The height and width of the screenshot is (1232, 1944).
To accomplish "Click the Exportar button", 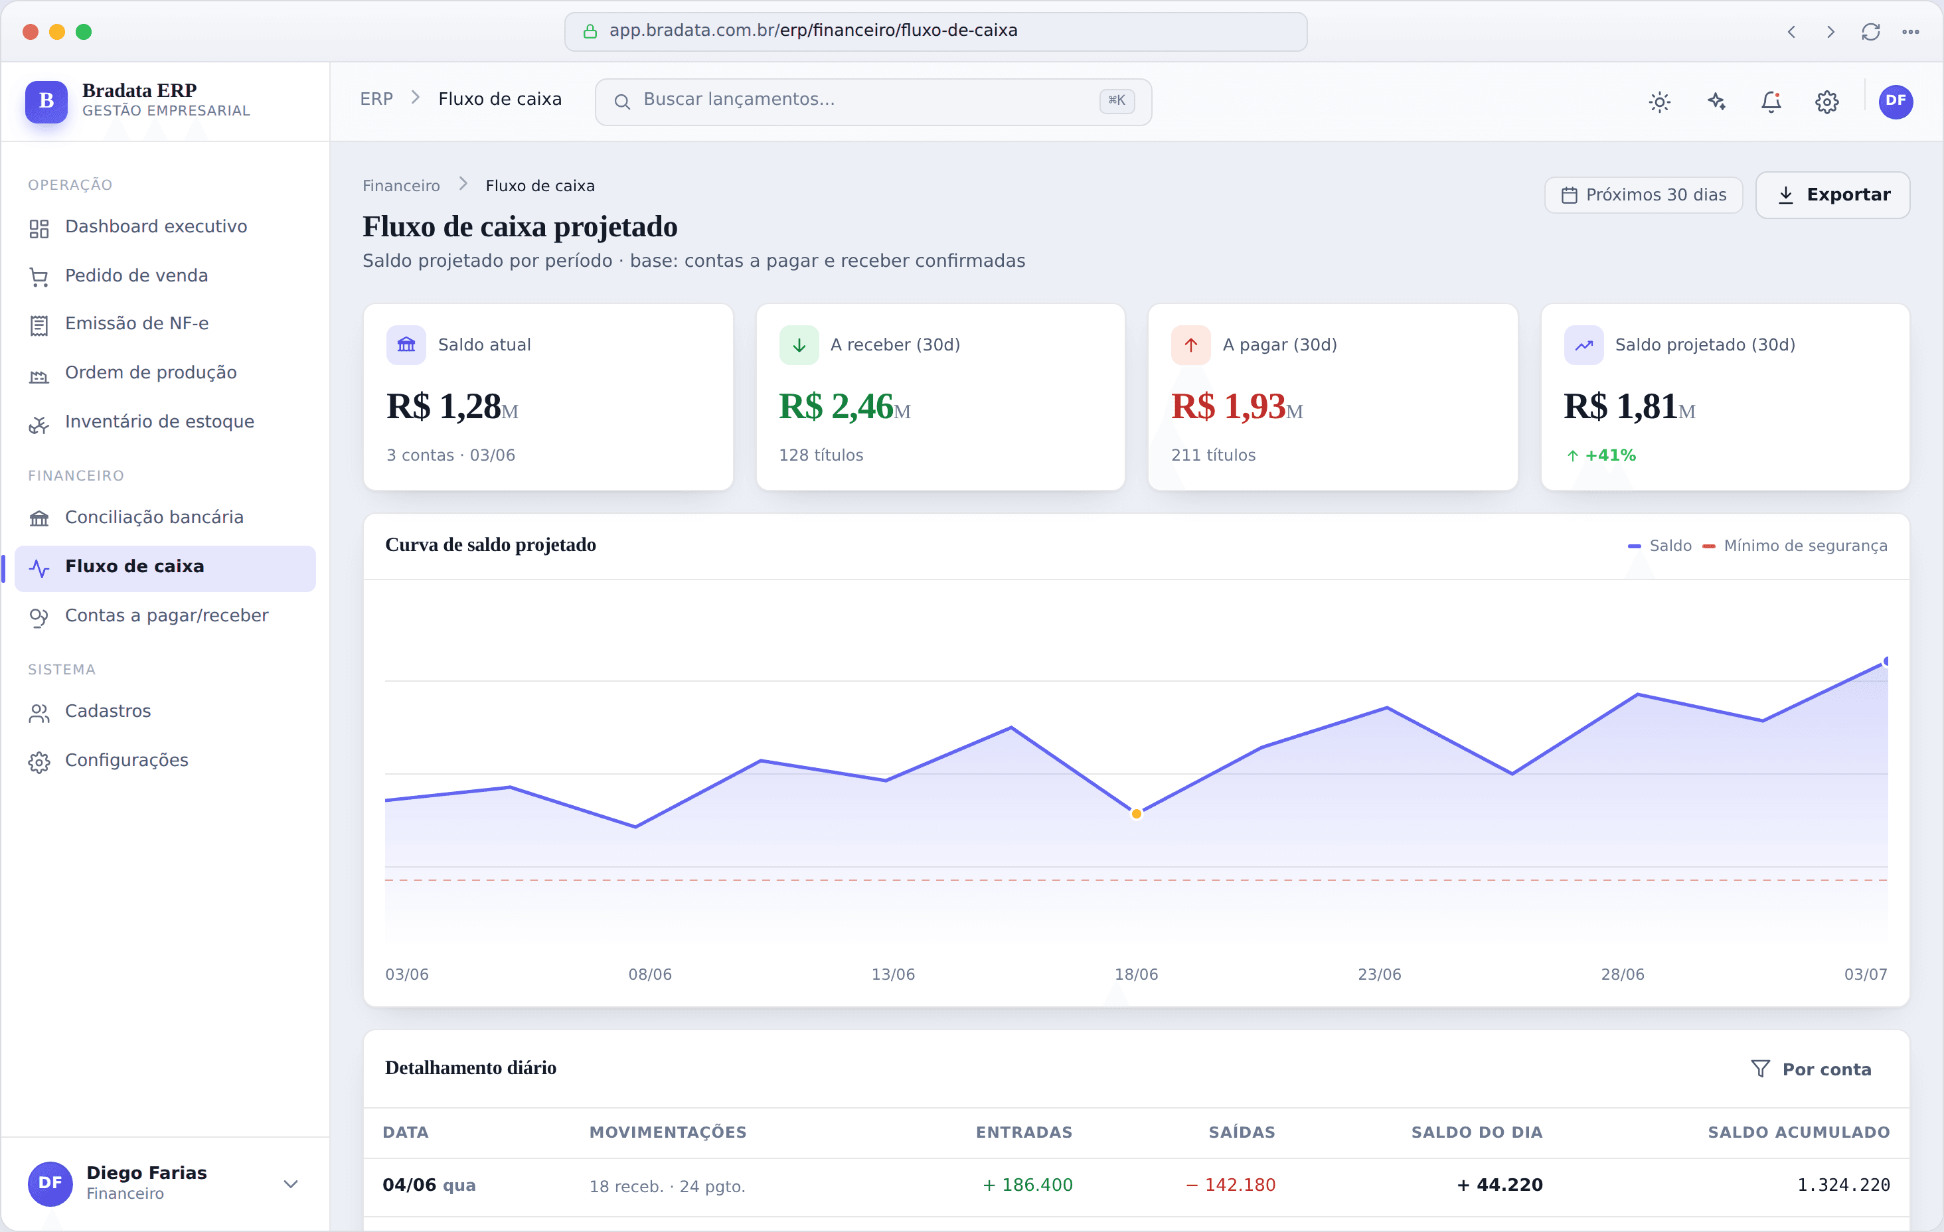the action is (1832, 194).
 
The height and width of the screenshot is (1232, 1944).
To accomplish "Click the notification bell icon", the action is (1771, 101).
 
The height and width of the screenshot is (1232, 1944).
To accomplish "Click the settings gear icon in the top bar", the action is (1827, 102).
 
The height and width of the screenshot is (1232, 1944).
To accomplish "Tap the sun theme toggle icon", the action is (1660, 102).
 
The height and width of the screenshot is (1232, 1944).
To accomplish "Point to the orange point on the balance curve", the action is (1136, 814).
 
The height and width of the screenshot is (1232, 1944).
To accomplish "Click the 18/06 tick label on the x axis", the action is (1136, 974).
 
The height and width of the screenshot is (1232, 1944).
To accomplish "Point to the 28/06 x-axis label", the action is (1622, 974).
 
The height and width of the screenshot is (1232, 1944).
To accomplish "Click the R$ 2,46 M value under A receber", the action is (844, 406).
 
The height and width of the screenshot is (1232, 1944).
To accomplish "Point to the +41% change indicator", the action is (1601, 455).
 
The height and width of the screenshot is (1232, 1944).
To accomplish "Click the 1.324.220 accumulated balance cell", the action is (1843, 1185).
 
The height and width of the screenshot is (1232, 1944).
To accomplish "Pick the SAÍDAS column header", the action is (1242, 1132).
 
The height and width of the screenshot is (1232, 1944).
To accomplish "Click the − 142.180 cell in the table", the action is (1230, 1185).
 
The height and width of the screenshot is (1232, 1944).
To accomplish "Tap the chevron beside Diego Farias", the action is (291, 1184).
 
